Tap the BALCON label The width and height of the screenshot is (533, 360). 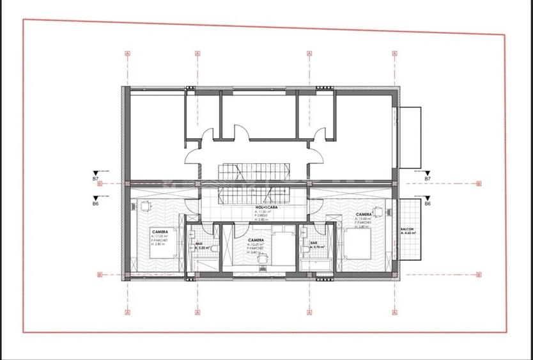pyautogui.click(x=407, y=230)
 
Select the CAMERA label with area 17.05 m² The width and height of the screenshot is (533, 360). pyautogui.click(x=160, y=231)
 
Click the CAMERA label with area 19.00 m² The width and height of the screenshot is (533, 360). pyautogui.click(x=364, y=214)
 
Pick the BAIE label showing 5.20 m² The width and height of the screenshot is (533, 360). pyautogui.click(x=199, y=244)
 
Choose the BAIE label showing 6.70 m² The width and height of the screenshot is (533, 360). pyautogui.click(x=314, y=243)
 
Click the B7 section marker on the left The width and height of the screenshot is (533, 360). pyautogui.click(x=95, y=179)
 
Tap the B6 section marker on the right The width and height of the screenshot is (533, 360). pyautogui.click(x=428, y=204)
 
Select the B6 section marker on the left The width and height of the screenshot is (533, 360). pyautogui.click(x=95, y=204)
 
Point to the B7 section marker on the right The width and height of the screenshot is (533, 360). pyautogui.click(x=428, y=179)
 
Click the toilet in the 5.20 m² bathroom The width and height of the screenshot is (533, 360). pyautogui.click(x=216, y=249)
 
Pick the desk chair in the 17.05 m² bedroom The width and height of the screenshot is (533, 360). pyautogui.click(x=145, y=205)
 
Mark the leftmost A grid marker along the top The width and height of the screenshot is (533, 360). pyautogui.click(x=128, y=53)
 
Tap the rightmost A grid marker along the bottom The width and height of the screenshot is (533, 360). pyautogui.click(x=395, y=313)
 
